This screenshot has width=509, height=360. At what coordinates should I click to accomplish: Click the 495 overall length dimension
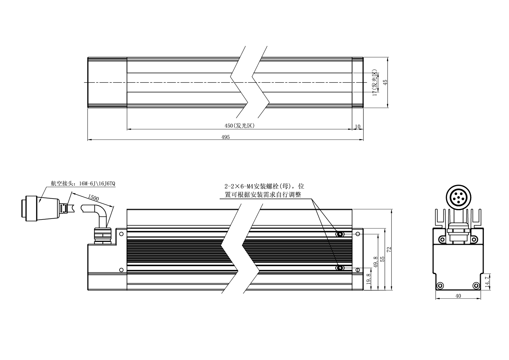225,137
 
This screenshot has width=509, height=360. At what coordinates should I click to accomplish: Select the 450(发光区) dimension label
239,126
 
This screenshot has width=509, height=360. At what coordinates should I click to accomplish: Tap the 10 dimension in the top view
358,127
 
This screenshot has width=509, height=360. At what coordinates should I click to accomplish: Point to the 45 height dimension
385,82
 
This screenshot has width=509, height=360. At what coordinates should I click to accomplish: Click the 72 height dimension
389,249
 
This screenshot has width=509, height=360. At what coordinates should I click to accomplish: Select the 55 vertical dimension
382,258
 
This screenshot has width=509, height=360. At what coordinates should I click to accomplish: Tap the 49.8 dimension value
375,262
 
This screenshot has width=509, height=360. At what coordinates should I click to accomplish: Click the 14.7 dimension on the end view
487,281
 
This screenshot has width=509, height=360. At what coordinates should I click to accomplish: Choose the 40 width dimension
458,296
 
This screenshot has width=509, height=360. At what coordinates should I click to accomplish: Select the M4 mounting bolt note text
264,190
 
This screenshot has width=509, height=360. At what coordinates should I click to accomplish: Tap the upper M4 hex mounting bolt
339,234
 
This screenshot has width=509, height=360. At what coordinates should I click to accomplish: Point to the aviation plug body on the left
41,208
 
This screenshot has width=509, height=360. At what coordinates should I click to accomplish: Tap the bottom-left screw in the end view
440,285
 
